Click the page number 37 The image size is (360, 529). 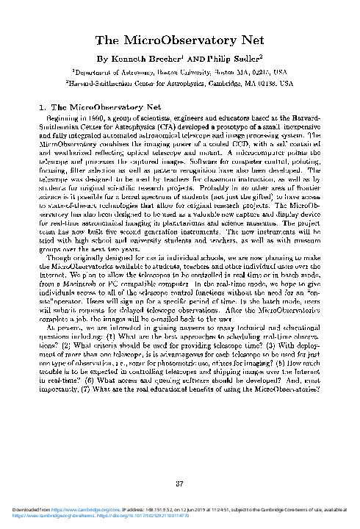180,483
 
